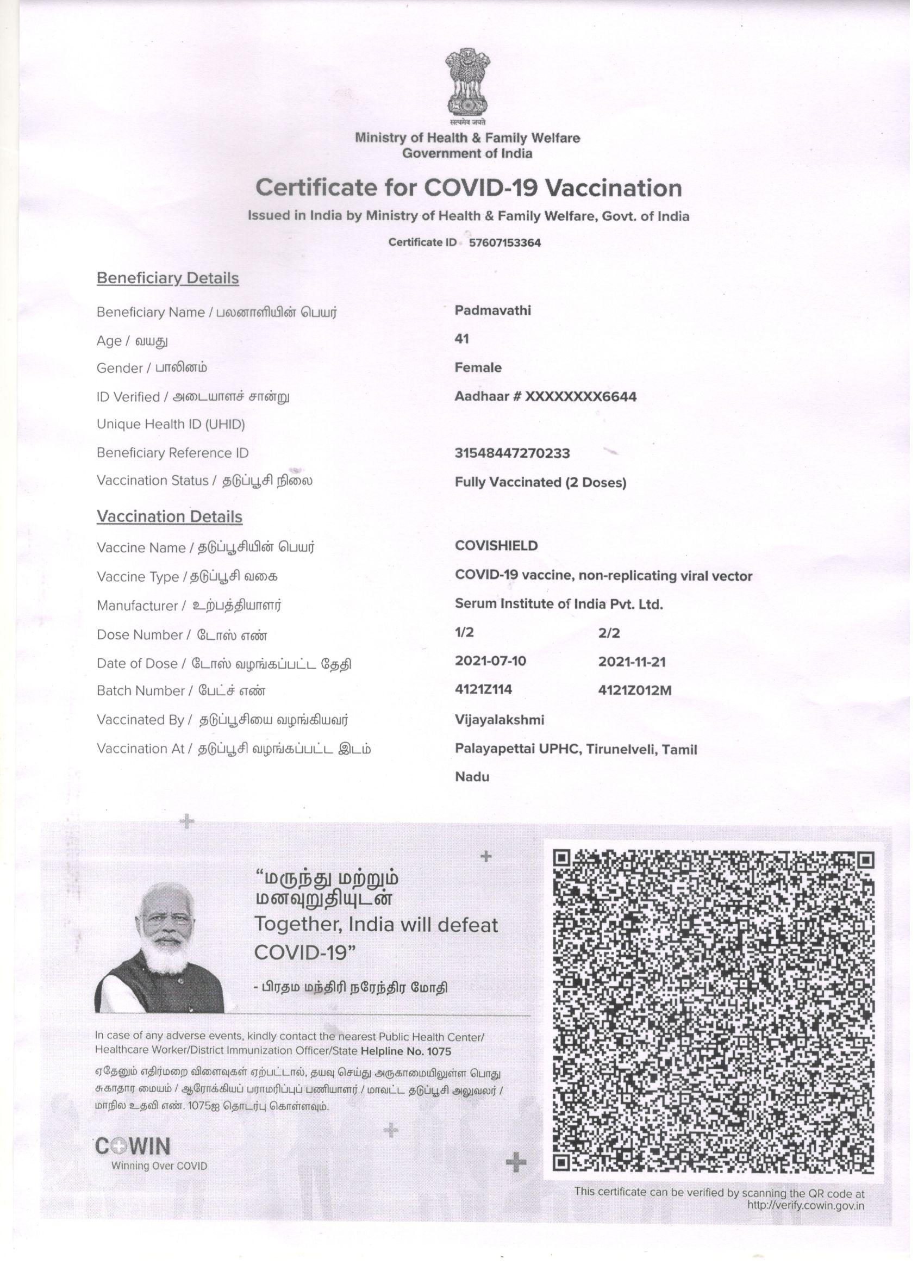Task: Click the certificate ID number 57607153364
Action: [x=504, y=243]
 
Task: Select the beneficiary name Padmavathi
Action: [x=492, y=310]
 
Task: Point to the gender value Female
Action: [x=478, y=367]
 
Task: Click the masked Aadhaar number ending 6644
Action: [x=545, y=397]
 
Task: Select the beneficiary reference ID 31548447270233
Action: [x=512, y=453]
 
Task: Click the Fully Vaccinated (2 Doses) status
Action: [x=540, y=482]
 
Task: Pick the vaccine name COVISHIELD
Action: [x=496, y=546]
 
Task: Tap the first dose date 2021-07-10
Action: [x=490, y=661]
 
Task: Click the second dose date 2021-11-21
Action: [x=632, y=662]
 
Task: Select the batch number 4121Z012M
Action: [x=634, y=690]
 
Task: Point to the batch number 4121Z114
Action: [x=483, y=689]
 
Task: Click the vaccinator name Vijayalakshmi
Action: [x=500, y=720]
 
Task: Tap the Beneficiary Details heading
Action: [x=167, y=278]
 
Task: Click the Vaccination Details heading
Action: [x=169, y=516]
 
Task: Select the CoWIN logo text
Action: [x=133, y=1146]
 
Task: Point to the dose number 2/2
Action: [x=609, y=633]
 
